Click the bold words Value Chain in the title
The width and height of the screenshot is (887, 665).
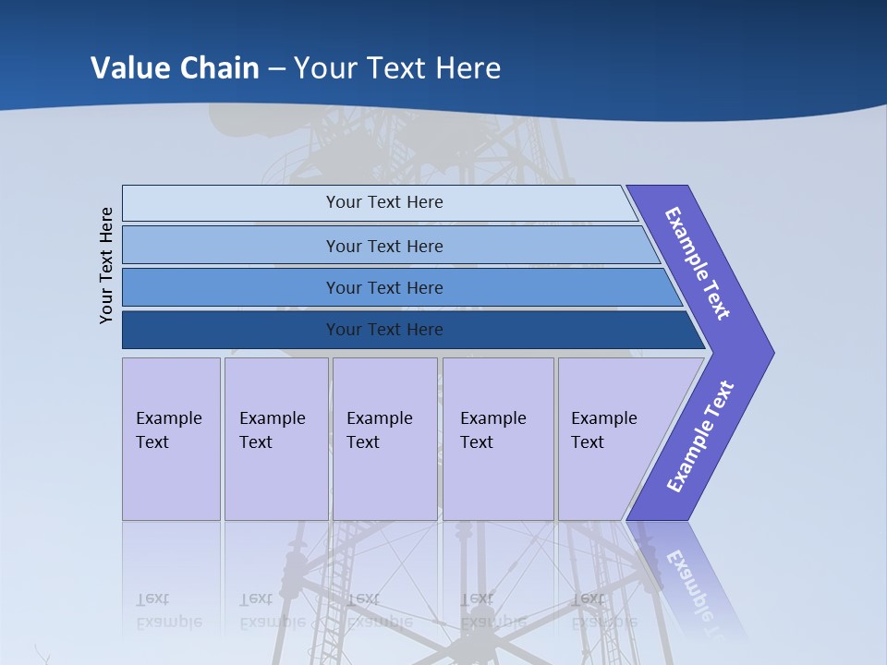click(x=175, y=67)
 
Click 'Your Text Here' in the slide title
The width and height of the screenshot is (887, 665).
click(x=397, y=67)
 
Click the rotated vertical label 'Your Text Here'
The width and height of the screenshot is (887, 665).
click(x=106, y=265)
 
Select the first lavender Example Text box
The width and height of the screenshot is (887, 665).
click(x=171, y=439)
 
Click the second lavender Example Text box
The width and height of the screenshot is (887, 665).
click(x=276, y=439)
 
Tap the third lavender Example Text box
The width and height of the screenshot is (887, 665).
click(x=384, y=439)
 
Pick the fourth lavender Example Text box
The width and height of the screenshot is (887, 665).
click(x=498, y=439)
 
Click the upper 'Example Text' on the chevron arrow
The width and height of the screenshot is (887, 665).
click(x=699, y=263)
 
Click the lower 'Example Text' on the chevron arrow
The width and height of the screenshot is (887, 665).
click(x=700, y=437)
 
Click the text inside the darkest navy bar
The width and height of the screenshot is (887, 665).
click(x=384, y=330)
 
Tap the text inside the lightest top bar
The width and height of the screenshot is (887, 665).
click(x=384, y=202)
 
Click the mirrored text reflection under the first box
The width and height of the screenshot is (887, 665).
click(x=168, y=611)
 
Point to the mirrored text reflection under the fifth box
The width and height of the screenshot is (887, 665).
click(x=603, y=611)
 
